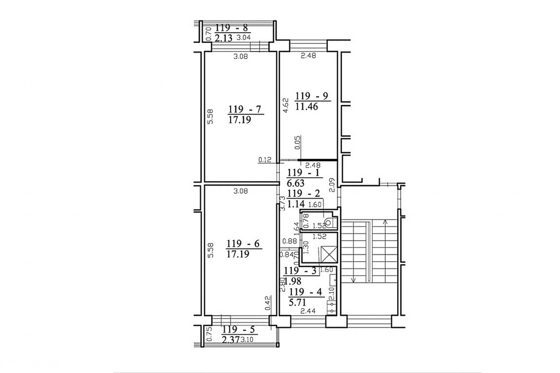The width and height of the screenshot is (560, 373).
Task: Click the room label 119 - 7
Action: click(245, 110)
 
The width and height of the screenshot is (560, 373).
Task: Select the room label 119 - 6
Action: click(243, 244)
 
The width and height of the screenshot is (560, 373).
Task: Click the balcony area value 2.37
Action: click(231, 340)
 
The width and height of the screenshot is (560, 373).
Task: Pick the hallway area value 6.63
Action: click(296, 183)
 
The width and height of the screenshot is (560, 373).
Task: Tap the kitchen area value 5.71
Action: click(297, 302)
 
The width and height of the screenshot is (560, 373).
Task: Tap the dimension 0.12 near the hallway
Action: click(265, 160)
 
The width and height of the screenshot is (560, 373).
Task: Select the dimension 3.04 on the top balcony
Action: click(244, 37)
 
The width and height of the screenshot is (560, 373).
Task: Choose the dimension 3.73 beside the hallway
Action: click(283, 204)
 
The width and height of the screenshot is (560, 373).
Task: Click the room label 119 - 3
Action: click(301, 271)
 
